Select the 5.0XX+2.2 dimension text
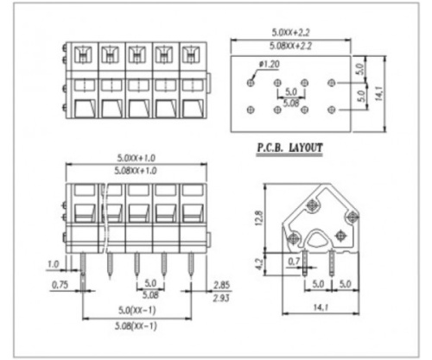pyautogui.click(x=290, y=32)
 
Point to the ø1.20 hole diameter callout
pyautogui.click(x=269, y=65)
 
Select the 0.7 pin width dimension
pyautogui.click(x=295, y=260)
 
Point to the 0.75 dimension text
pyautogui.click(x=57, y=282)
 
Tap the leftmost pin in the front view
pyautogui.click(x=83, y=268)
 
